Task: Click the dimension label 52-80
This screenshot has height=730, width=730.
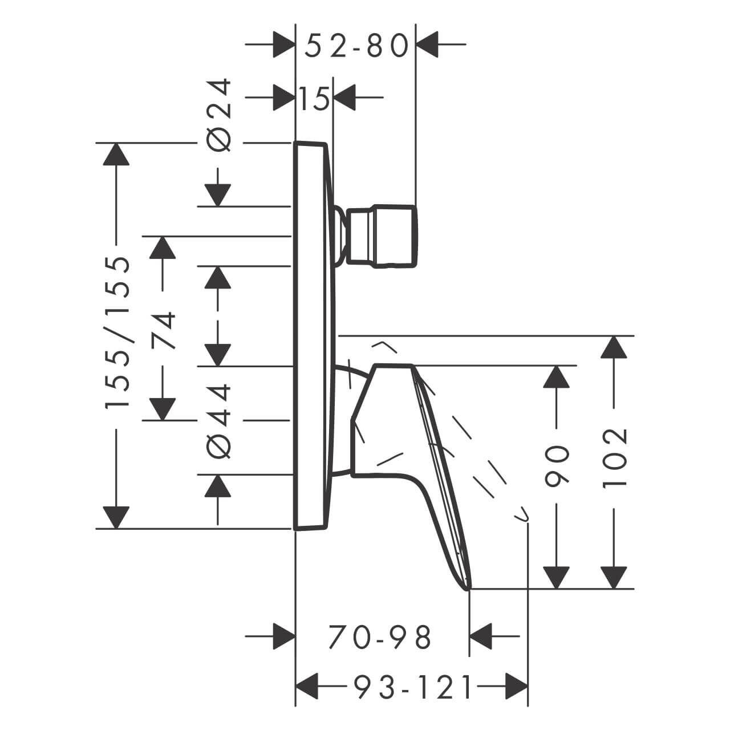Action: coord(356,46)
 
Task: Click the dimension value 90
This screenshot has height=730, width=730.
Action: coord(557,466)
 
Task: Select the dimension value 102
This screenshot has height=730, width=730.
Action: coord(614,456)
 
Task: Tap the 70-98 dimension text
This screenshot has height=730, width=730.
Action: coord(380,638)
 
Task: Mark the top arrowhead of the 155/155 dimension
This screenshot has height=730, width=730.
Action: coord(116,154)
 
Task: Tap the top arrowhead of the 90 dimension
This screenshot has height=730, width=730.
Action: coord(557,376)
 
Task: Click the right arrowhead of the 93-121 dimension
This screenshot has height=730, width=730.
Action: coord(517,687)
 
